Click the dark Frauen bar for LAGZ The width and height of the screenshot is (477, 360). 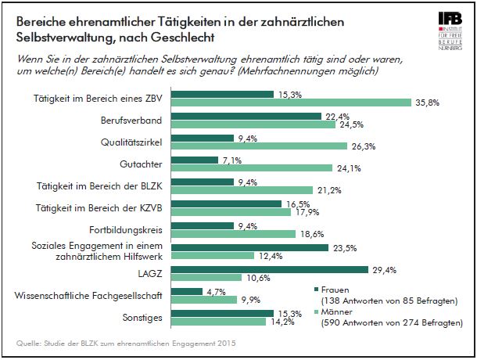[x=269, y=270]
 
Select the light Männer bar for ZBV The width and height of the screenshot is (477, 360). [x=291, y=102]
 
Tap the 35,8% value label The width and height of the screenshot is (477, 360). [x=426, y=102]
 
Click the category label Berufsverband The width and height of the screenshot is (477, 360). [x=133, y=122]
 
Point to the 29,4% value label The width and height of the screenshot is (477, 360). [x=383, y=270]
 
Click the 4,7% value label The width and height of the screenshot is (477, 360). [x=217, y=292]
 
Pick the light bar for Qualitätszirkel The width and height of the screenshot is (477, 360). [x=259, y=146]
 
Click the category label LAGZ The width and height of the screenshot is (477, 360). [x=151, y=275]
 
